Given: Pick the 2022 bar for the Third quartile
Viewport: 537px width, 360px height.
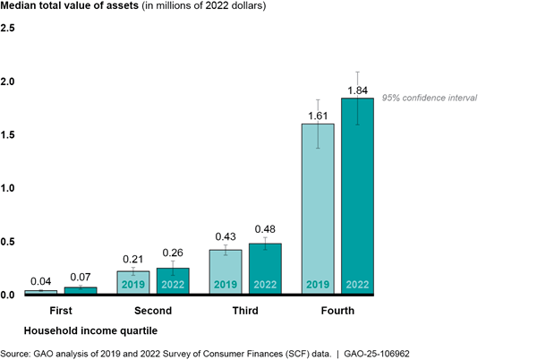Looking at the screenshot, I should point(265,268).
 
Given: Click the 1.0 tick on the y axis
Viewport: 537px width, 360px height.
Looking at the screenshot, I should point(8,189).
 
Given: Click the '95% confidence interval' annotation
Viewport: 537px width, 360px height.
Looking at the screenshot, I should point(430,98).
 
